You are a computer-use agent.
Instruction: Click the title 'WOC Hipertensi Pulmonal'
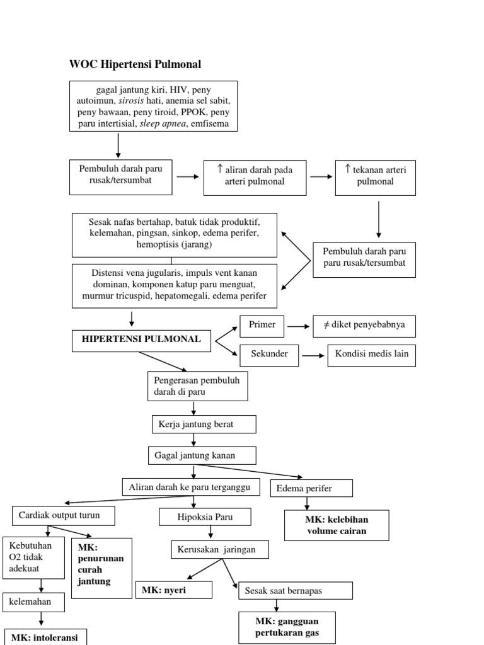coord(135,64)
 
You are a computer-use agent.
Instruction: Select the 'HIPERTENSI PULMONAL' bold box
coord(142,340)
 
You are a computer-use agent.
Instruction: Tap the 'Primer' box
coord(262,325)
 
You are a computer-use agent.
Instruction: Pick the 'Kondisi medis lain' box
coord(371,355)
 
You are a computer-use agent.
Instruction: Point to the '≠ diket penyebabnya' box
coord(364,326)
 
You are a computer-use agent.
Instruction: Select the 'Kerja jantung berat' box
coord(204,425)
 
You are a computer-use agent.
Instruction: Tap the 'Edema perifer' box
coord(311,488)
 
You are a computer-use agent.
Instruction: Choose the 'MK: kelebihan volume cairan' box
coord(337,525)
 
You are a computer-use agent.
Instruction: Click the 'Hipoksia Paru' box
coord(205,517)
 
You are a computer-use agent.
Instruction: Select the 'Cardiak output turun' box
coord(64,515)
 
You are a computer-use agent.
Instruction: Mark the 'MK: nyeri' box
coord(173,590)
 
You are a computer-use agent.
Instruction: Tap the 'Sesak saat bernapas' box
coord(296,590)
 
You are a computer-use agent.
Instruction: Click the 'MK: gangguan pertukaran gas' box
coord(287,627)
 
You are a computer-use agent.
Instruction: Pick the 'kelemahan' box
coord(35,602)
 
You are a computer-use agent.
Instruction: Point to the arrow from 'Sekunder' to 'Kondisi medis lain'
coord(313,356)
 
